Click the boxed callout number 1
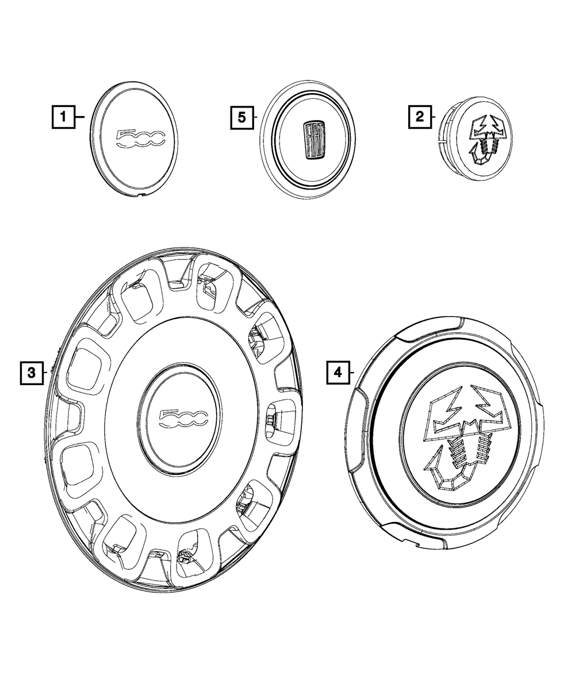click(x=63, y=117)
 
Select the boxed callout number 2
click(x=420, y=117)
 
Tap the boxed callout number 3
click(x=32, y=373)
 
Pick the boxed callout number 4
click(x=338, y=373)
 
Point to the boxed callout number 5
click(x=241, y=117)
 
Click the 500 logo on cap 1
click(x=140, y=139)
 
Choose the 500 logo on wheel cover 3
click(x=183, y=419)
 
